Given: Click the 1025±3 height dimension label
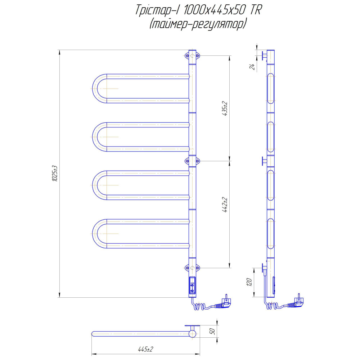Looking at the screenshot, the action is coord(55,174).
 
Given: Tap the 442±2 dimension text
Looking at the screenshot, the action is coord(225,205).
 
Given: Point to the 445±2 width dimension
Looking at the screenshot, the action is coord(145,349).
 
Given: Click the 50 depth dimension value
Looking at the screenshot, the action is coord(212,331).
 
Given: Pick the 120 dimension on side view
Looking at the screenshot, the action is coord(249,282).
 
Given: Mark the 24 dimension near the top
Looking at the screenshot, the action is coord(252,67).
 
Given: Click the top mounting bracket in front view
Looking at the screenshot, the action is coord(192,55).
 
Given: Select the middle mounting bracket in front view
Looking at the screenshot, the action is coord(192,161).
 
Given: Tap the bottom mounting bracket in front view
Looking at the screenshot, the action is coord(192,268).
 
